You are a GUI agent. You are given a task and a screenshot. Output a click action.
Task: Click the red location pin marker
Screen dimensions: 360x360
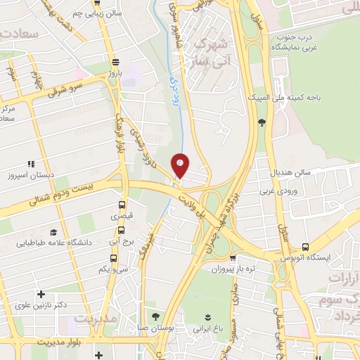click(181, 165)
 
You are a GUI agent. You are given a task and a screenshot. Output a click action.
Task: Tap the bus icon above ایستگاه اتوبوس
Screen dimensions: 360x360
click(305, 247)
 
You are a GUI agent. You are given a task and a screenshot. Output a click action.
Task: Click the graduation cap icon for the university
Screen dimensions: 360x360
click(53, 232)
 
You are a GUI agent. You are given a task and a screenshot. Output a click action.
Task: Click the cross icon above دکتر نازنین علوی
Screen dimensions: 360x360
click(41, 295)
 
